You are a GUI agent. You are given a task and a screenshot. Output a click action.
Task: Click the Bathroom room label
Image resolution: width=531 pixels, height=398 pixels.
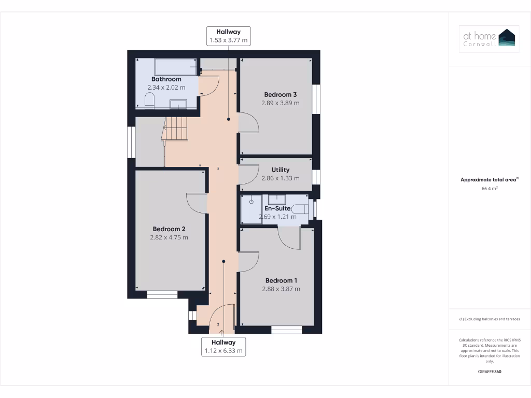click(166, 79)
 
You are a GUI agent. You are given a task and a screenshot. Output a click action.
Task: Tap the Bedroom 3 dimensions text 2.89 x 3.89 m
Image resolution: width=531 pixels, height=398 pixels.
click(281, 103)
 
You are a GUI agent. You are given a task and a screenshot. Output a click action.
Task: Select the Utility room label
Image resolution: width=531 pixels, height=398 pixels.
click(281, 170)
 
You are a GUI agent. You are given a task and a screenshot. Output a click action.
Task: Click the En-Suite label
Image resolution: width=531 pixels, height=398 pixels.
click(277, 208)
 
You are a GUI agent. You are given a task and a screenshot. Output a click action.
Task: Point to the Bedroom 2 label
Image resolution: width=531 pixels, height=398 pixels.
click(169, 229)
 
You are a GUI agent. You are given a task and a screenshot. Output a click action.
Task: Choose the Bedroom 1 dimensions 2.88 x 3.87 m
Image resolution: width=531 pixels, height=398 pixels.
click(281, 289)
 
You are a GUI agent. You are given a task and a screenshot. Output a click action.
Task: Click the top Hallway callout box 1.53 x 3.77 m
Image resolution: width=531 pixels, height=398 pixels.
click(229, 36)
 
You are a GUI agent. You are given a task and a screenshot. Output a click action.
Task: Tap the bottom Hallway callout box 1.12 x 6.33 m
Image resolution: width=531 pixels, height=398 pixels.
click(223, 347)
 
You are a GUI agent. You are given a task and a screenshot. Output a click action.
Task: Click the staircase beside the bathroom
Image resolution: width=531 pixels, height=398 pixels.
click(175, 128)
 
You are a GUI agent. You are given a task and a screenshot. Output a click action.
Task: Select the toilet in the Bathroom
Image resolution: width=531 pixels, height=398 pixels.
click(149, 101)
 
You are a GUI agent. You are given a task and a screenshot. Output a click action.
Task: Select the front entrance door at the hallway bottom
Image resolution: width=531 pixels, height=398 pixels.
click(221, 318)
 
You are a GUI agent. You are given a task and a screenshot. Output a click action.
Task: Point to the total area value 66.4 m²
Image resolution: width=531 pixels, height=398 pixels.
click(490, 189)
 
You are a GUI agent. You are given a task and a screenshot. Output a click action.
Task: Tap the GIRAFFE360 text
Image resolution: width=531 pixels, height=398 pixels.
click(490, 372)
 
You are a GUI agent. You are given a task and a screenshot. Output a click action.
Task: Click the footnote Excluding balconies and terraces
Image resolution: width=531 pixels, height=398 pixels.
click(490, 319)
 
